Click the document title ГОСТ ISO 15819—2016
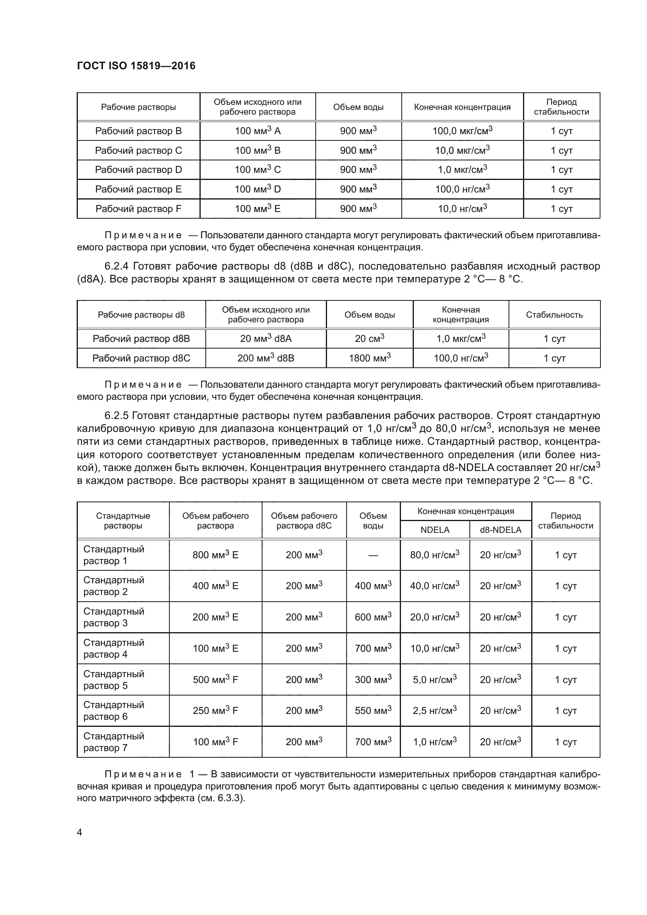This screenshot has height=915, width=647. (x=136, y=66)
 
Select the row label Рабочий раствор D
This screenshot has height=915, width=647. (x=138, y=170)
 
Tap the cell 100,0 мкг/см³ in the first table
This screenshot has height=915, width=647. (x=462, y=131)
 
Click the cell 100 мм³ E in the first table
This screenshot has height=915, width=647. (x=257, y=209)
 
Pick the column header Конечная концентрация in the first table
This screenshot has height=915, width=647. (x=462, y=107)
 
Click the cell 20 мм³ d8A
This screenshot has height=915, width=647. (x=266, y=339)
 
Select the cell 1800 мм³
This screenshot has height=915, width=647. (x=369, y=358)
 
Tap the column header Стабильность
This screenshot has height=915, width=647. (x=554, y=315)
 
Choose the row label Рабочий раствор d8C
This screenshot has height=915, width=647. (x=141, y=358)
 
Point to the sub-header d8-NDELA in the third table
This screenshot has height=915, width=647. (x=500, y=530)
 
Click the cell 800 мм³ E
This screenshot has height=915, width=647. (x=215, y=555)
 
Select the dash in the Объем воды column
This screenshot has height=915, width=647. (x=373, y=555)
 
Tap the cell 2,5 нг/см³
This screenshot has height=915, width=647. (x=434, y=710)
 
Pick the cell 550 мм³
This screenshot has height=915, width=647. (x=373, y=710)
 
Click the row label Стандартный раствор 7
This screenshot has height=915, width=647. (x=113, y=742)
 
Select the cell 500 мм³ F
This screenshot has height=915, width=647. (x=215, y=680)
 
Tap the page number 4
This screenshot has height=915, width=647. (x=79, y=832)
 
